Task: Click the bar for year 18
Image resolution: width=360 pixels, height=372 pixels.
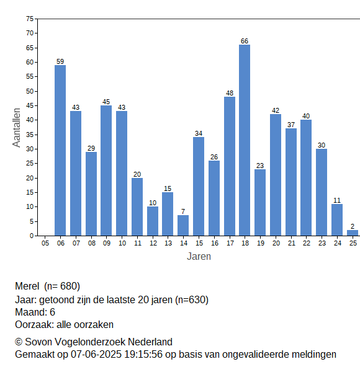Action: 245,140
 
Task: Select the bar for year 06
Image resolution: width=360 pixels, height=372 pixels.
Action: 60,151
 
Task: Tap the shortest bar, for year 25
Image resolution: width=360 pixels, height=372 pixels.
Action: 353,233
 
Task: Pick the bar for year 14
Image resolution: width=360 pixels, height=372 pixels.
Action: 183,226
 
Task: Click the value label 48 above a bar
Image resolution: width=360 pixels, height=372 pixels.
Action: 230,93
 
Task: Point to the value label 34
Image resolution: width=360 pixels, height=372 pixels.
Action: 199,133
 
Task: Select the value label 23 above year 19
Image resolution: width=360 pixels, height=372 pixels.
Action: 260,166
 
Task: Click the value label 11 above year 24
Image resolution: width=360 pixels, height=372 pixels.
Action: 337,200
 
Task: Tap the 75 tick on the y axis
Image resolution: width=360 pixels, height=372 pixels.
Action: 30,19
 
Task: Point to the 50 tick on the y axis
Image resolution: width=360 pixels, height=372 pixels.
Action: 30,91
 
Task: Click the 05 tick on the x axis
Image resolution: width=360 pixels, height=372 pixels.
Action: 45,243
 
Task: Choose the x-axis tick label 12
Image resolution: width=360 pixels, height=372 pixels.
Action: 153,243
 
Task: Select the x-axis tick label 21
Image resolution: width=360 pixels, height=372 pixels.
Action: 291,243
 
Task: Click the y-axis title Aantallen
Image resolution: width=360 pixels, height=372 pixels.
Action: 17,128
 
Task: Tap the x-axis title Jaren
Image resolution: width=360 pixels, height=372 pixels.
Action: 199,257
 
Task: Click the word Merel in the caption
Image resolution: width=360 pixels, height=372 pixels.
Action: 27,286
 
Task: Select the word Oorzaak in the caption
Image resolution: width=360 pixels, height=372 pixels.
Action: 34,324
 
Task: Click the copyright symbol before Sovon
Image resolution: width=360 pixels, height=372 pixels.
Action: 19,342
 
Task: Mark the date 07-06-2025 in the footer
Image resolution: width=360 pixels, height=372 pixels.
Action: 96,355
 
